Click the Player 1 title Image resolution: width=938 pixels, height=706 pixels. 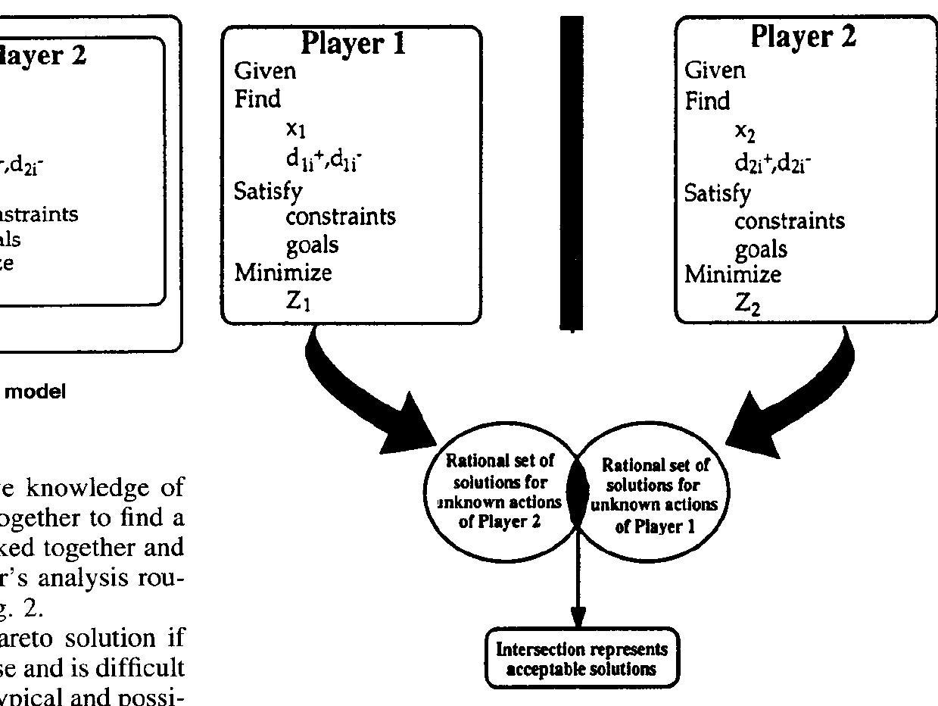353,44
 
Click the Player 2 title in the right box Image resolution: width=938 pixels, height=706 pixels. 803,36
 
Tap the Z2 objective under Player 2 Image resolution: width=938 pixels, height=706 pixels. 747,304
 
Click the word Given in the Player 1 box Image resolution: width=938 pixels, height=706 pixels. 265,71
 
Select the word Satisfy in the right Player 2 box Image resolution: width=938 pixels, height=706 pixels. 718,193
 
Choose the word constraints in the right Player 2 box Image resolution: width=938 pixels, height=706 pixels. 790,220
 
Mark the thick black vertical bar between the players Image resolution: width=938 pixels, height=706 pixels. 572,173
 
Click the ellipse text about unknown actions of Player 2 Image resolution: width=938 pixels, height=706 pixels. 500,491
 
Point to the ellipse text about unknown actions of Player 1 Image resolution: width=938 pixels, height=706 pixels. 655,495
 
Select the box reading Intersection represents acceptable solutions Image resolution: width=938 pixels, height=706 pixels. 582,658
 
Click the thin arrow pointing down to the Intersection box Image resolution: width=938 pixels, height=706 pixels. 578,583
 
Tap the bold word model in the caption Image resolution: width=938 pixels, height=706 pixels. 43,392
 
